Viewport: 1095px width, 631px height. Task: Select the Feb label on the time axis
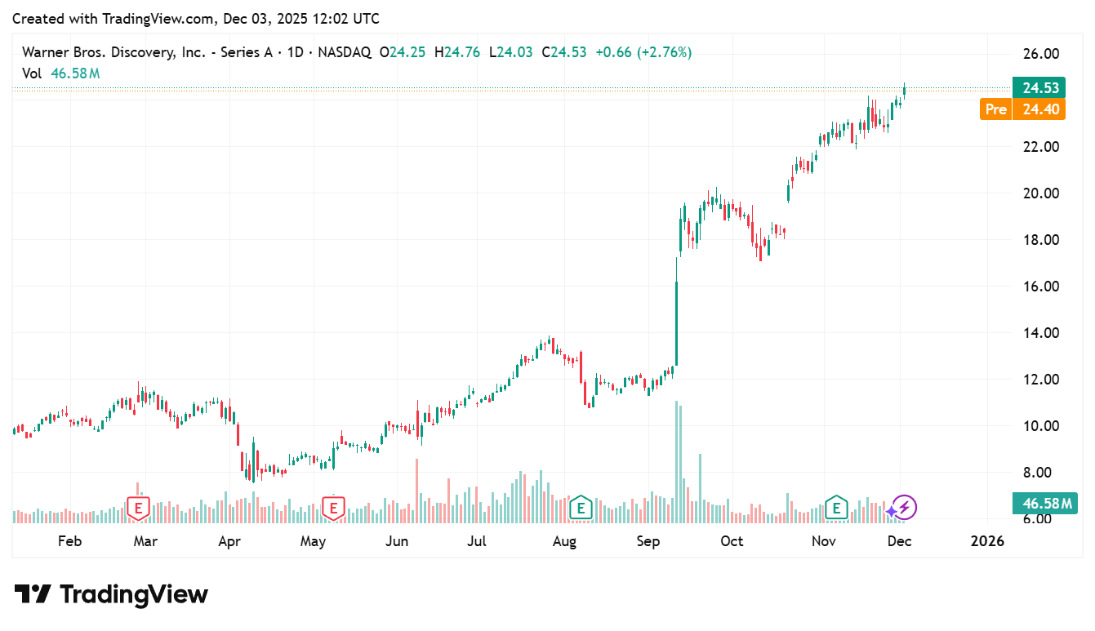click(70, 541)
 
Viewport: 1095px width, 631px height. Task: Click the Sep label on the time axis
click(648, 541)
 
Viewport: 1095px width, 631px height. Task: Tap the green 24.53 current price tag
click(1039, 88)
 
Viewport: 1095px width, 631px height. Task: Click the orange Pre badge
click(995, 109)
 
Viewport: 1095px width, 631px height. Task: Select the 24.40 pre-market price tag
click(1039, 109)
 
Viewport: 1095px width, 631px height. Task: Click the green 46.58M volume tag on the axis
click(1041, 504)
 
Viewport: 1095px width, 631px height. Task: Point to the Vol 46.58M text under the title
click(61, 73)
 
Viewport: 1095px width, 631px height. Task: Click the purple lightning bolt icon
click(905, 508)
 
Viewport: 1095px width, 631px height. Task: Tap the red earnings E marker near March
click(139, 509)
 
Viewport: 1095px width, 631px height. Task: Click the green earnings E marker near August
click(581, 508)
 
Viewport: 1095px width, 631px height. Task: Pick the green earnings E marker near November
click(835, 508)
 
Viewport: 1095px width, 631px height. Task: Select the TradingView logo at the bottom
click(111, 594)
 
